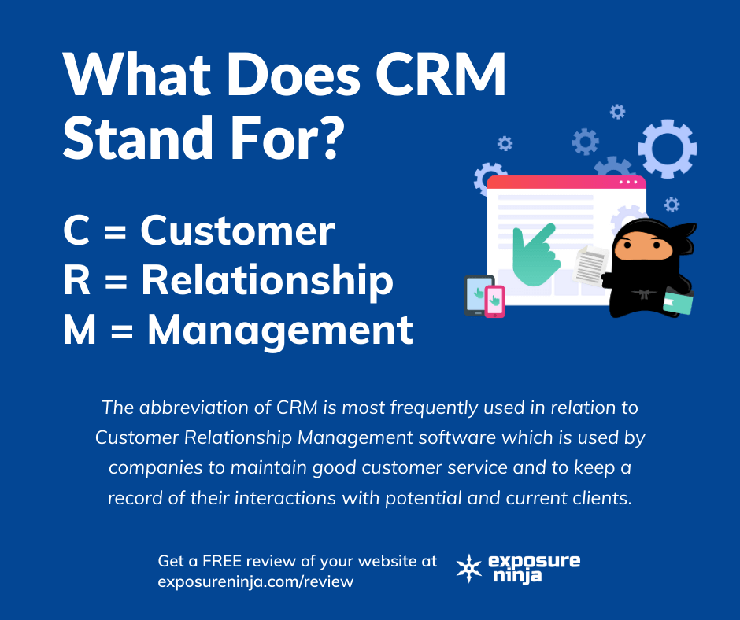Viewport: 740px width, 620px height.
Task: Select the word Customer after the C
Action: tap(237, 231)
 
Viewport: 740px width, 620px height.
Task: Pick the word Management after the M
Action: tap(279, 330)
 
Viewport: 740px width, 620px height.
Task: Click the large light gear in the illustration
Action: tap(667, 148)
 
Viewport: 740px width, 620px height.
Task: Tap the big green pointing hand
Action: tap(534, 254)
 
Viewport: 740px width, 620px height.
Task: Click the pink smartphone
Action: tap(494, 301)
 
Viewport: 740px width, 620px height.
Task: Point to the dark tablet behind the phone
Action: tap(475, 293)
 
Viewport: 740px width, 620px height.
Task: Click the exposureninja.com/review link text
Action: tap(255, 582)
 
